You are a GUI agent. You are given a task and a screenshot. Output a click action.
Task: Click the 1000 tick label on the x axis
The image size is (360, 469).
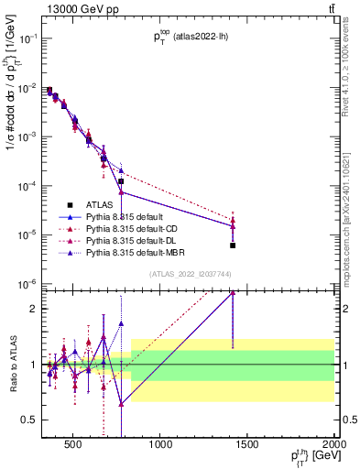[160, 445]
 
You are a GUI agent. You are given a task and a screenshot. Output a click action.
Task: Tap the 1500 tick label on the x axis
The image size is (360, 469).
[247, 445]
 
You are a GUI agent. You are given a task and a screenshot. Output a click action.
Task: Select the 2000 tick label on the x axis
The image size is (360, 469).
[333, 445]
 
